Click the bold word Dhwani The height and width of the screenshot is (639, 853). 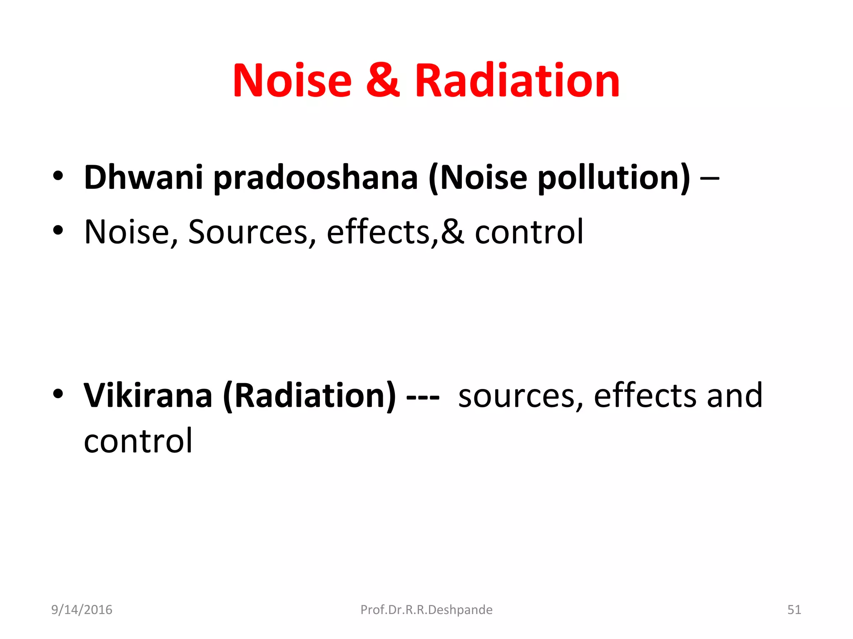(x=143, y=177)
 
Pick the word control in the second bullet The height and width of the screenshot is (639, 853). (x=529, y=232)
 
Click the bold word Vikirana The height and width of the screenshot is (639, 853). (x=148, y=395)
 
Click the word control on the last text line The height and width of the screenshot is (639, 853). (x=138, y=441)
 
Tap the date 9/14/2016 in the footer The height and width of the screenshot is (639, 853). (x=82, y=609)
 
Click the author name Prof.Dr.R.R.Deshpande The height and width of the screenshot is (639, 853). (x=426, y=609)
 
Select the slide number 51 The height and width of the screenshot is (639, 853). (x=794, y=609)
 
